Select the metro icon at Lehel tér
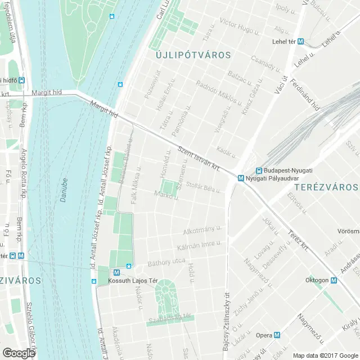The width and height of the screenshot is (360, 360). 301,41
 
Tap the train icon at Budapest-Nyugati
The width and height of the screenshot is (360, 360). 259,170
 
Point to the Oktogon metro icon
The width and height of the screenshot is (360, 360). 334,280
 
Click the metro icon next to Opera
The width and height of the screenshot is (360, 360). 276,335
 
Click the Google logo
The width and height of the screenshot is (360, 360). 19,353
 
